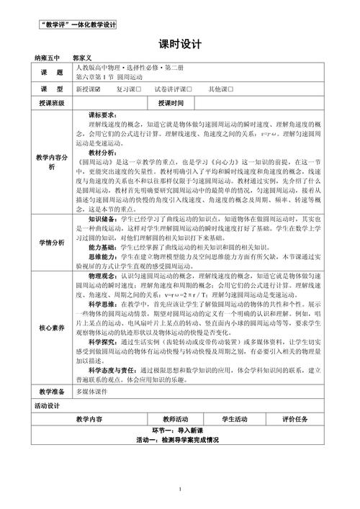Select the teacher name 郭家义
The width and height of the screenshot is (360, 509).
(x=85, y=55)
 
